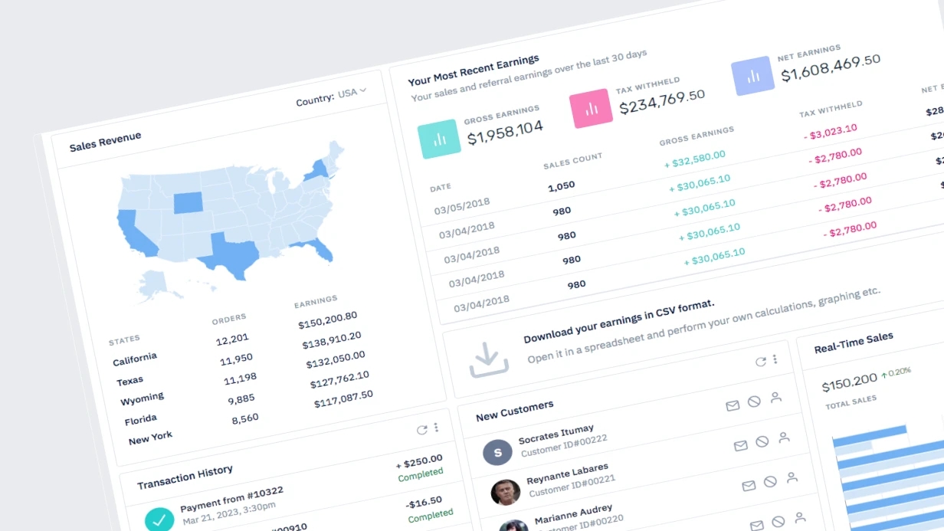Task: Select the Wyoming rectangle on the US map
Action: tap(188, 203)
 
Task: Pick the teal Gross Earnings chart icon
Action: tap(439, 139)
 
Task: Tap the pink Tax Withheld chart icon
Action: tap(591, 108)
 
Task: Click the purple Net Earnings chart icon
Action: tap(752, 76)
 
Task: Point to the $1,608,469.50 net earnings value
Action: tap(831, 67)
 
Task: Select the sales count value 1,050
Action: tap(562, 186)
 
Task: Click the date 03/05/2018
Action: tap(462, 206)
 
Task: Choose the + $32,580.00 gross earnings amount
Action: tap(694, 159)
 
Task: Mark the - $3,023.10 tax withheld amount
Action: tap(831, 131)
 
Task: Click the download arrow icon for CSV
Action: tap(488, 360)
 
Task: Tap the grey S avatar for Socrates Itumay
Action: tap(498, 452)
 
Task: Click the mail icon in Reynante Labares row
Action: tap(749, 486)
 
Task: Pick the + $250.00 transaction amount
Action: tap(419, 461)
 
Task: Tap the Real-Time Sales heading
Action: tap(854, 343)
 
